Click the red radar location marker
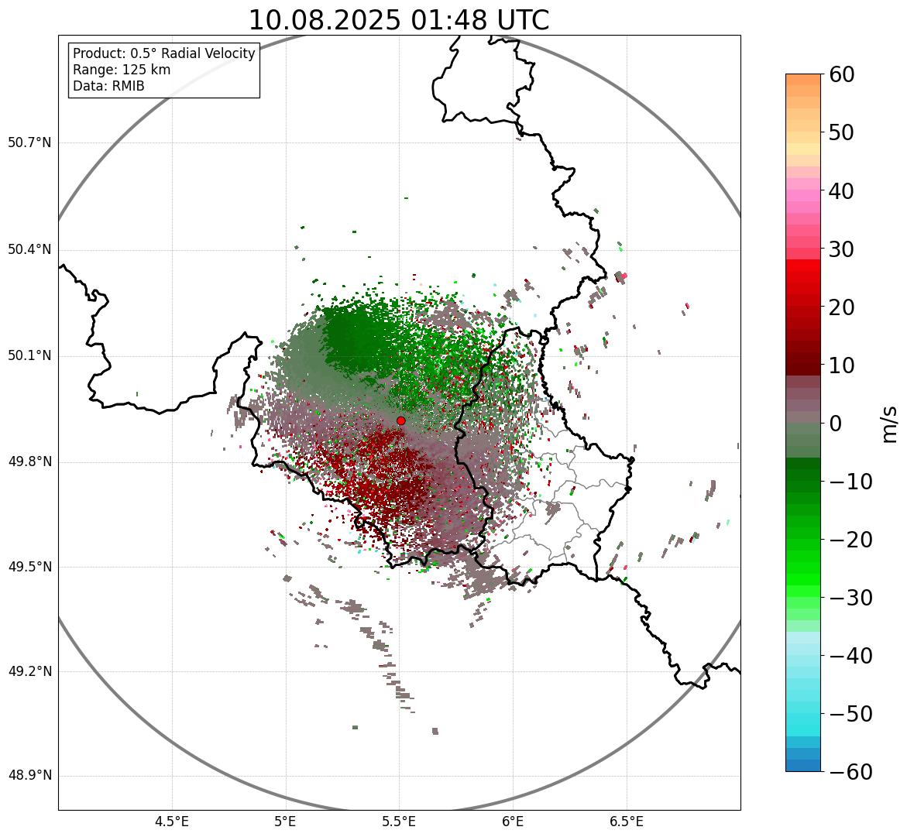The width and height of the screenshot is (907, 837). [401, 420]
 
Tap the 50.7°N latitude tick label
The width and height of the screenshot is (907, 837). [29, 143]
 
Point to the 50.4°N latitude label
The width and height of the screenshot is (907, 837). [29, 250]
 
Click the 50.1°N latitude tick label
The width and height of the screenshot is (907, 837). [29, 356]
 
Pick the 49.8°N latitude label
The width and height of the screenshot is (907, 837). [29, 462]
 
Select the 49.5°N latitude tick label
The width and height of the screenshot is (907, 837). [29, 567]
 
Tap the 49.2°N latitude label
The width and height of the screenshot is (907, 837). [29, 671]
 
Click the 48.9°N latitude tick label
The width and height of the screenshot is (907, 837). [29, 776]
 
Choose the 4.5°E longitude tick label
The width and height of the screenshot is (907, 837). [172, 822]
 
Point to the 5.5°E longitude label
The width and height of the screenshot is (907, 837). [399, 822]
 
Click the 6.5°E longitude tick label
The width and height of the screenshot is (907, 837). [626, 822]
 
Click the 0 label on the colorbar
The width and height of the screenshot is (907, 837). [836, 424]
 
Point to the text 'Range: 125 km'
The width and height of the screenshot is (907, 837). [122, 70]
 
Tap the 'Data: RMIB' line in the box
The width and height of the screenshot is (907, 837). [108, 86]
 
